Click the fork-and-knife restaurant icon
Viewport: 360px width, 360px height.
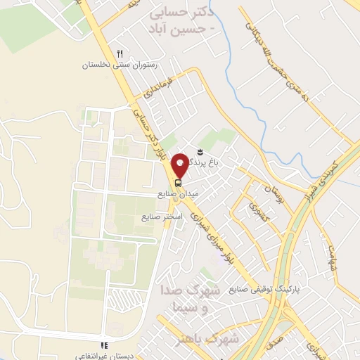pyautogui.click(x=120, y=53)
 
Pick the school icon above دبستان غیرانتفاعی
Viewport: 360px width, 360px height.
pyautogui.click(x=103, y=345)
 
